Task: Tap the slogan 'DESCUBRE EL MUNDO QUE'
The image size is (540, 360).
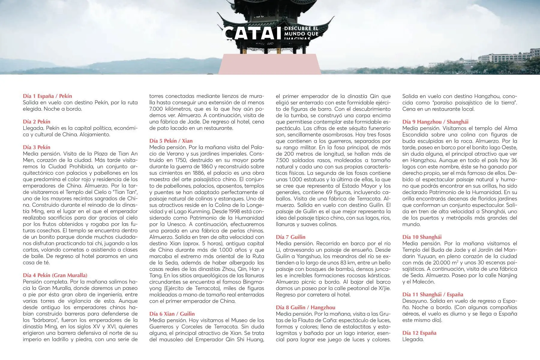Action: coord(301,31)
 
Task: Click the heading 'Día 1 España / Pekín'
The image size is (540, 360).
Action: coord(47,96)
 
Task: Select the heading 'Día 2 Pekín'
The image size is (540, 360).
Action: coord(37,121)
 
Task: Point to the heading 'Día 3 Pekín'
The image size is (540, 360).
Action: coord(37,147)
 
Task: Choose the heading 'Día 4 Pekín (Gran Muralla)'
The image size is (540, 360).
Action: coord(55,275)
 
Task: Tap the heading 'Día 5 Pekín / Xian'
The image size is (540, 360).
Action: coord(171,141)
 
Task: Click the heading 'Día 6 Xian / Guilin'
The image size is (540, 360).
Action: coord(172,313)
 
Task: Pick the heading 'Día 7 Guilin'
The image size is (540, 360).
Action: coord(290,237)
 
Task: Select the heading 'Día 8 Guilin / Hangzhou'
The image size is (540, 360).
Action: coord(305,307)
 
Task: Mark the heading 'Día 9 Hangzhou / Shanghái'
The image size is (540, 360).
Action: coord(435,121)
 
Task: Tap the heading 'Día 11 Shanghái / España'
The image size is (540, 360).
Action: coord(433,294)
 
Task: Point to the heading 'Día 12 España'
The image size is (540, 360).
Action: coord(419,333)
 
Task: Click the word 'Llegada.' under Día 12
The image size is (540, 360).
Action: coord(413,339)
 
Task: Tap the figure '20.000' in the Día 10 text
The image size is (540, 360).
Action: coord(437,262)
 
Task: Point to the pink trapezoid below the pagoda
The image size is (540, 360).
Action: coord(269,64)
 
